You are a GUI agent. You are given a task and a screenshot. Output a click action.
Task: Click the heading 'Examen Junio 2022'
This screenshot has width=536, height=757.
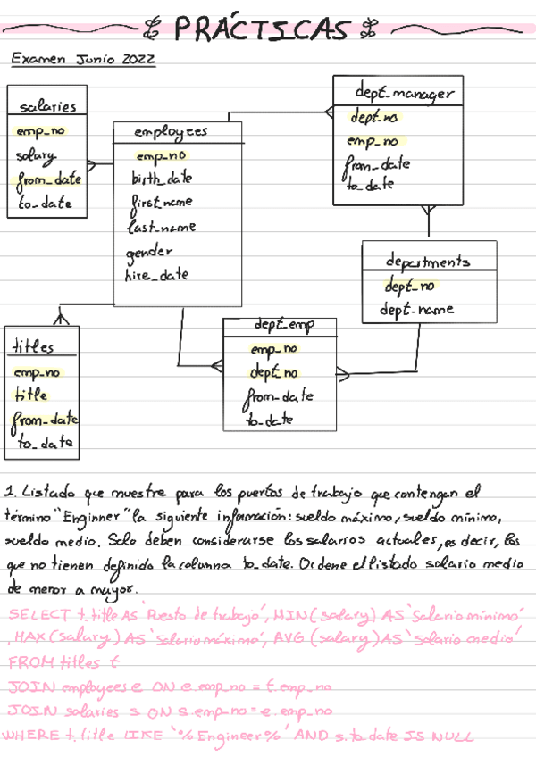coord(83,60)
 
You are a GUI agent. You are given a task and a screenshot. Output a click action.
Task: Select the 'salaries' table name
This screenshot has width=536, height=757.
coord(48,107)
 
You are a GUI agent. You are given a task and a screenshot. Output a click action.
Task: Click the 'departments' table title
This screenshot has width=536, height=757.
coord(428,262)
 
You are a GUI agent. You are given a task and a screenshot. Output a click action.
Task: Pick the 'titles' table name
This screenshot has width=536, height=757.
coord(34,346)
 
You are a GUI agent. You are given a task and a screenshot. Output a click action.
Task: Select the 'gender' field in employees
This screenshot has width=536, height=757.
coord(149,251)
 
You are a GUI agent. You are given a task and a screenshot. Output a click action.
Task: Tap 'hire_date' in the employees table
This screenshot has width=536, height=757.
coord(156,276)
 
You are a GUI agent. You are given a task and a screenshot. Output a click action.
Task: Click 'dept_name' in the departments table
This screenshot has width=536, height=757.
coord(416,310)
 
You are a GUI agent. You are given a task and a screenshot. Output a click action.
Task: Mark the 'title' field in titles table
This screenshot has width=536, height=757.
coord(31,395)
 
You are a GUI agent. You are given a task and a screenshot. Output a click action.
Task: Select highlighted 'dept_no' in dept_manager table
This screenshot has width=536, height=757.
coord(374,117)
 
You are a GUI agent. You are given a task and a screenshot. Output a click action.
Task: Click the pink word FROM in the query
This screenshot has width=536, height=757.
coord(29,662)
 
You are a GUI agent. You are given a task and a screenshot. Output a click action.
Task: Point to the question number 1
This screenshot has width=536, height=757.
coord(10,491)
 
